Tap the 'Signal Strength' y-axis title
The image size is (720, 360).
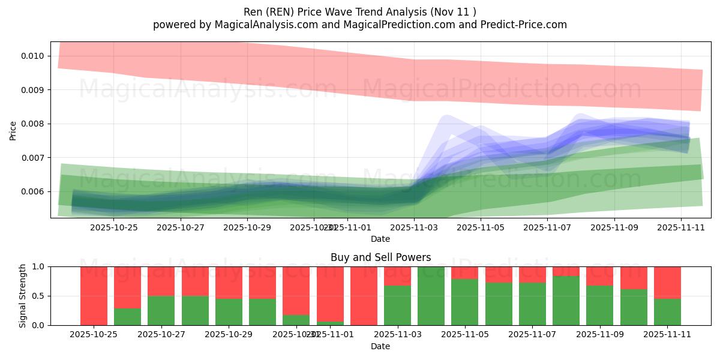[x=23, y=296]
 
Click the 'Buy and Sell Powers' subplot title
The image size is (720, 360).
[x=380, y=257]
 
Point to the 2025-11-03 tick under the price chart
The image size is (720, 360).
[x=414, y=227]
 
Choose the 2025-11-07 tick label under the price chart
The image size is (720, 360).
[x=547, y=227]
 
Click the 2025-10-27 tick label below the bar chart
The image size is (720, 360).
[x=161, y=334]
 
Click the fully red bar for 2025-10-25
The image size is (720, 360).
[x=94, y=296]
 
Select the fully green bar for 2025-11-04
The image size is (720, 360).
[x=431, y=296]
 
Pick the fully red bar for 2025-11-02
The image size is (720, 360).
[x=364, y=296]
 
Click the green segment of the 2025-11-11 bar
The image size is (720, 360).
[x=667, y=311]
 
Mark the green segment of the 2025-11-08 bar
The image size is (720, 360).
[x=566, y=301]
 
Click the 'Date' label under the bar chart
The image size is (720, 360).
[x=380, y=346]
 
